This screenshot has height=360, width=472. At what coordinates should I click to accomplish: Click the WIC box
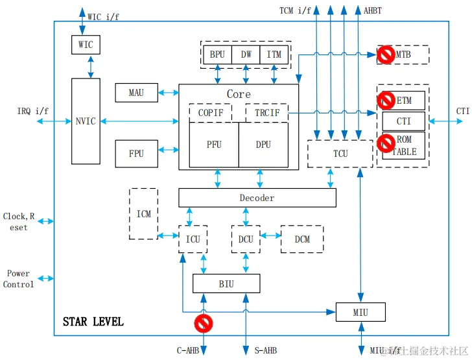[86, 45]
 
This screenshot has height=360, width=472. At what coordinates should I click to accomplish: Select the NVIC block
[86, 121]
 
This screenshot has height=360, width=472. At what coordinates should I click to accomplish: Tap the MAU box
[136, 93]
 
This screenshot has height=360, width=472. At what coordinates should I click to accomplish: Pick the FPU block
[136, 153]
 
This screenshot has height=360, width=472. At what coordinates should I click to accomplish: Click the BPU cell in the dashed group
[217, 54]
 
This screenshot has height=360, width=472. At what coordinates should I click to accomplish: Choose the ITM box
[274, 54]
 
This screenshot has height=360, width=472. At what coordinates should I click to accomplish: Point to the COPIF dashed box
[210, 113]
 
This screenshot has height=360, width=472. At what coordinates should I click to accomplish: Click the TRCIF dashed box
[267, 113]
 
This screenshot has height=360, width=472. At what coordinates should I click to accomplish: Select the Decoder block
[257, 198]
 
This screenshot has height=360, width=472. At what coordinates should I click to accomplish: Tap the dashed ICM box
[143, 213]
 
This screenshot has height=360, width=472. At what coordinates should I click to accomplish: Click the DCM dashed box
[301, 239]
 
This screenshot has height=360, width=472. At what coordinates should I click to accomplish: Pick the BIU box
[226, 283]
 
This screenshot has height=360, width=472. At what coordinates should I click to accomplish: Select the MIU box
[360, 312]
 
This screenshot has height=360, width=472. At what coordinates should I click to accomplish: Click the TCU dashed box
[340, 154]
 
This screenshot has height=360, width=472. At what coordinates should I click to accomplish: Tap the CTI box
[403, 121]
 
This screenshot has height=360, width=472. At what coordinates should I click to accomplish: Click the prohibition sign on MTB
[386, 55]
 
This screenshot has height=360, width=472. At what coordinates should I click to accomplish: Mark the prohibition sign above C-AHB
[204, 322]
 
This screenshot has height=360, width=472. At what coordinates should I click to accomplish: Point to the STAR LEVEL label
[93, 322]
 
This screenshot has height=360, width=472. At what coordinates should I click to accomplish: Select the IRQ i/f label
[32, 111]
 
